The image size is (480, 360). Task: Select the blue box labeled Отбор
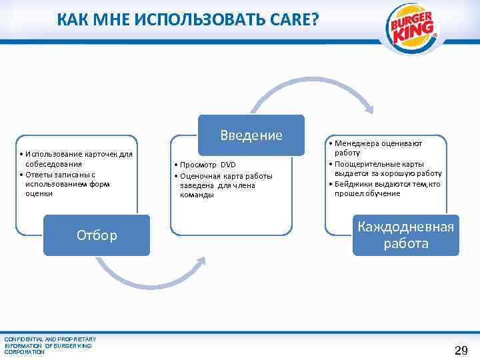[x=97, y=235]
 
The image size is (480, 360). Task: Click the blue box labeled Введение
[x=251, y=135]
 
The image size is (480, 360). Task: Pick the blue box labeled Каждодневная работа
[x=406, y=235]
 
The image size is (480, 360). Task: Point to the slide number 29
[x=461, y=351]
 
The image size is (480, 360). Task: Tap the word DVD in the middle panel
[x=228, y=165]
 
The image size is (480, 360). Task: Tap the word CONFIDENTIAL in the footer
[x=23, y=339]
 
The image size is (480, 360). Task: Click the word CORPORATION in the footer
[x=25, y=351]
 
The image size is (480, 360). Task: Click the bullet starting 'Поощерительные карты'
[x=387, y=168]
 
